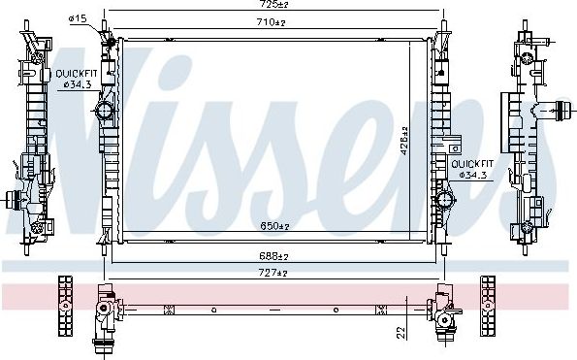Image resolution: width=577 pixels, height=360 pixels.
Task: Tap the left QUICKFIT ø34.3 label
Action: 75,79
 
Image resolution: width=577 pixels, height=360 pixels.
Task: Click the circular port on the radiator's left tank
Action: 105,114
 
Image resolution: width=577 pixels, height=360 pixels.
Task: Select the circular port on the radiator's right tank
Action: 444,201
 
